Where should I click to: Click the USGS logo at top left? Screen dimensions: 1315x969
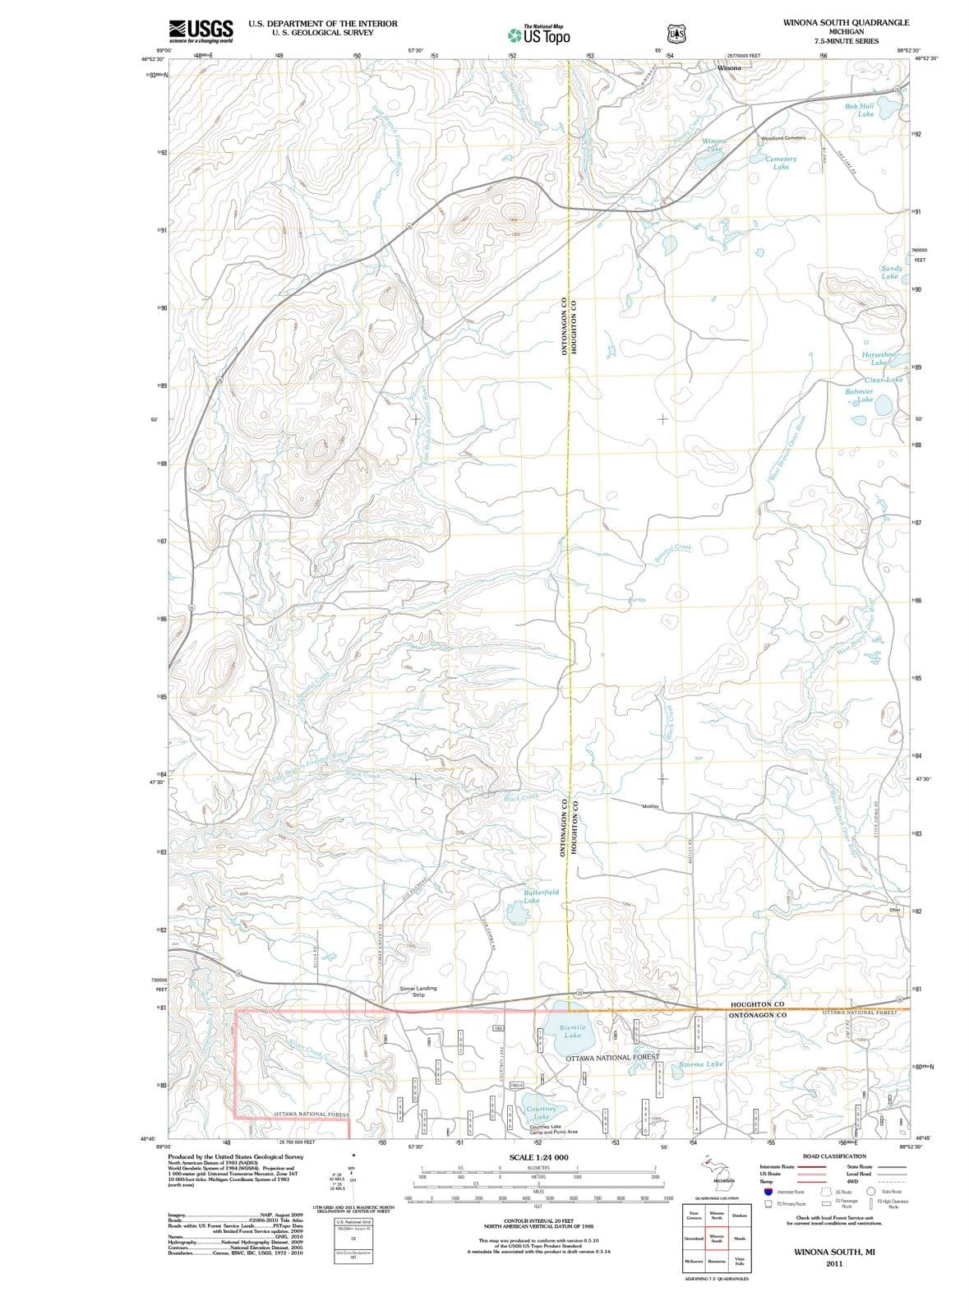pos(201,30)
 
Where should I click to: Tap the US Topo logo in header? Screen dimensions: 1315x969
pos(539,35)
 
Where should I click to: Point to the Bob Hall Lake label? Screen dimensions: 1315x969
pos(860,110)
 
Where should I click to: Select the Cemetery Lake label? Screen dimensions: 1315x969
pos(781,163)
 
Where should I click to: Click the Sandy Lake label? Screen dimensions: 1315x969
pos(891,272)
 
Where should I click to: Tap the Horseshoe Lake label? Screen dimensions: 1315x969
pos(879,358)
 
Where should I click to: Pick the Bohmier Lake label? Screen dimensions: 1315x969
pos(860,395)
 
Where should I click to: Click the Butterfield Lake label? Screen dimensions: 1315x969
pos(541,895)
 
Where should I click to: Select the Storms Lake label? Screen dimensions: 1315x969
pos(701,1064)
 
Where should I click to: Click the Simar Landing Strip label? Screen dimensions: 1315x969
pos(418,991)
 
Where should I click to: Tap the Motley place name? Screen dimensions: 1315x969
pos(650,806)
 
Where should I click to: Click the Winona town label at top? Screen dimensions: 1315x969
pos(729,68)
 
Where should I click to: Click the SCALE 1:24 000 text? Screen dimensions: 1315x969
pos(538,1157)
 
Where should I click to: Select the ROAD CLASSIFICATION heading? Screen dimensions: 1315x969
pos(834,1156)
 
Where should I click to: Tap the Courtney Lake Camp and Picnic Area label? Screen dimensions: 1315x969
pos(553,1129)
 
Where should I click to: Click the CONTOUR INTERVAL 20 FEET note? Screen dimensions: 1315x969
pos(538,1221)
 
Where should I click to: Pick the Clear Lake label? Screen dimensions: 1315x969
pos(884,380)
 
